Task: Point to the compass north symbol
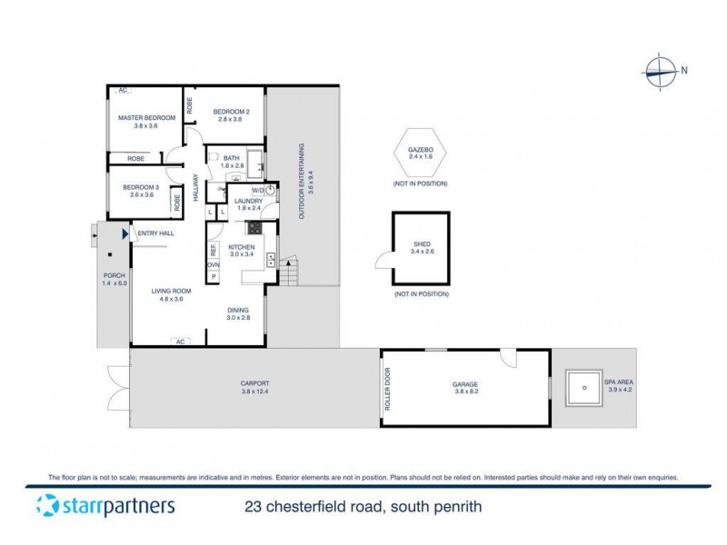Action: [x=660, y=70]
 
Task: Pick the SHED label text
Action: [x=421, y=243]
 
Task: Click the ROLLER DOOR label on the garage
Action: [x=387, y=389]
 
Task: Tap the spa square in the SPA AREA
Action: [x=582, y=389]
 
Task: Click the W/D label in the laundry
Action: [x=259, y=191]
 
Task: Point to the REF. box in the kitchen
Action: [x=214, y=248]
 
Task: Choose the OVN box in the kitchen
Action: [x=214, y=264]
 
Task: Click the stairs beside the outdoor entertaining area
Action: [x=289, y=271]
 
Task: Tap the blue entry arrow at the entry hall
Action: [x=126, y=234]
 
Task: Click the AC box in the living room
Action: [x=179, y=341]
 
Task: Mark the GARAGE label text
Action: [x=465, y=384]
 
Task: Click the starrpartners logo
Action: [x=105, y=506]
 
